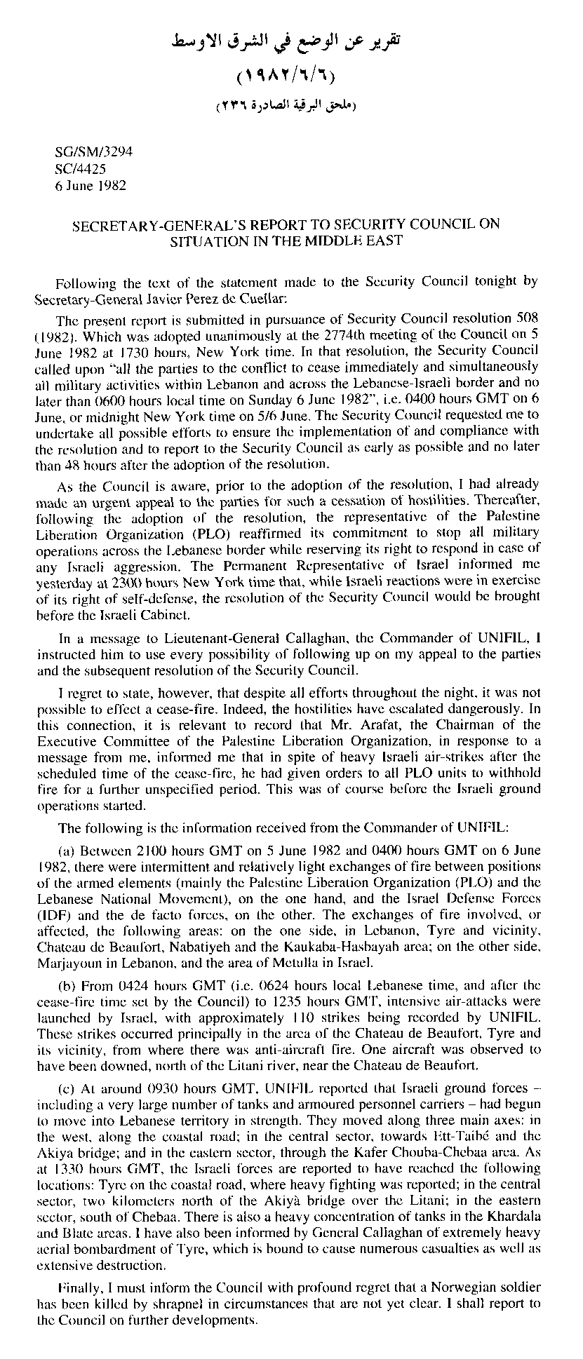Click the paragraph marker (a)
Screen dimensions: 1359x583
(x=67, y=851)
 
